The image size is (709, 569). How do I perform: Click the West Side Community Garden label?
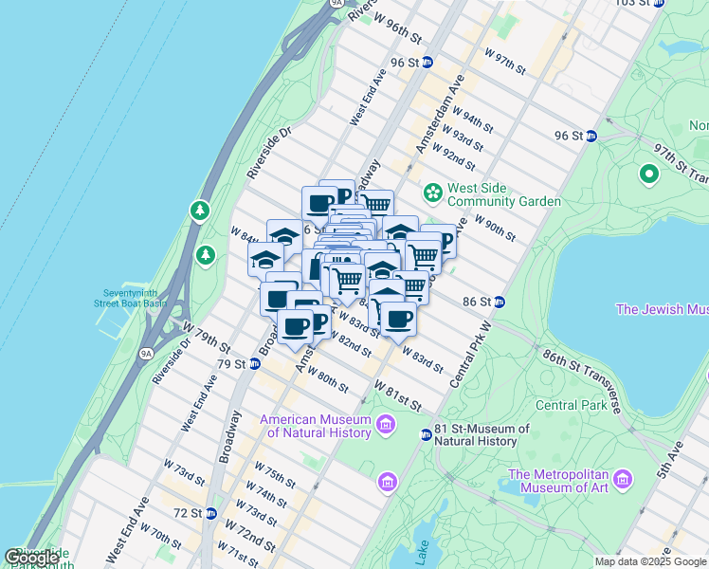pyautogui.click(x=503, y=194)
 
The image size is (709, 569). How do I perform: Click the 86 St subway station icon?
pyautogui.click(x=500, y=302)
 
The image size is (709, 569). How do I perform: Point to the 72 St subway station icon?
pyautogui.click(x=211, y=513)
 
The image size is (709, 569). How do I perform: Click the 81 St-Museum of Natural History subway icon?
pyautogui.click(x=427, y=434)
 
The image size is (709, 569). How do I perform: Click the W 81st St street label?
pyautogui.click(x=397, y=397)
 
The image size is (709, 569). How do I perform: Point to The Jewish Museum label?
pyautogui.click(x=662, y=309)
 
